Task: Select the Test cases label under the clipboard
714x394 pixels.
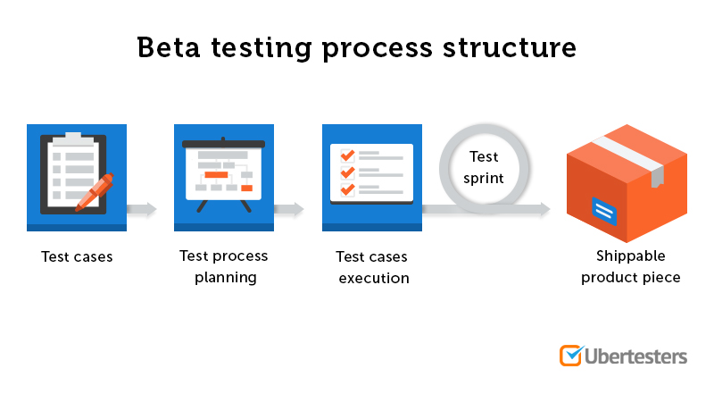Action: tap(77, 256)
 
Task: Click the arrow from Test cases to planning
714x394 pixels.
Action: tap(142, 210)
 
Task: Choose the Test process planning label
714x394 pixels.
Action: tap(223, 266)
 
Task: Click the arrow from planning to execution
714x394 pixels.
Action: tap(289, 210)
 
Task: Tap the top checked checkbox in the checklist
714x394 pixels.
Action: tap(348, 155)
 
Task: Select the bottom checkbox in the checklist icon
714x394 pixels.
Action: tap(348, 189)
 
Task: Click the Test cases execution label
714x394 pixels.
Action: tap(372, 267)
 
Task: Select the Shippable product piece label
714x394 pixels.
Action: tap(630, 266)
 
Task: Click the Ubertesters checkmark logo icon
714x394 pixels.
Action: tap(570, 355)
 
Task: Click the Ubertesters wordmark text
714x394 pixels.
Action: tap(636, 356)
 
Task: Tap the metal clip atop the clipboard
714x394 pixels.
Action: tap(72, 138)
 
